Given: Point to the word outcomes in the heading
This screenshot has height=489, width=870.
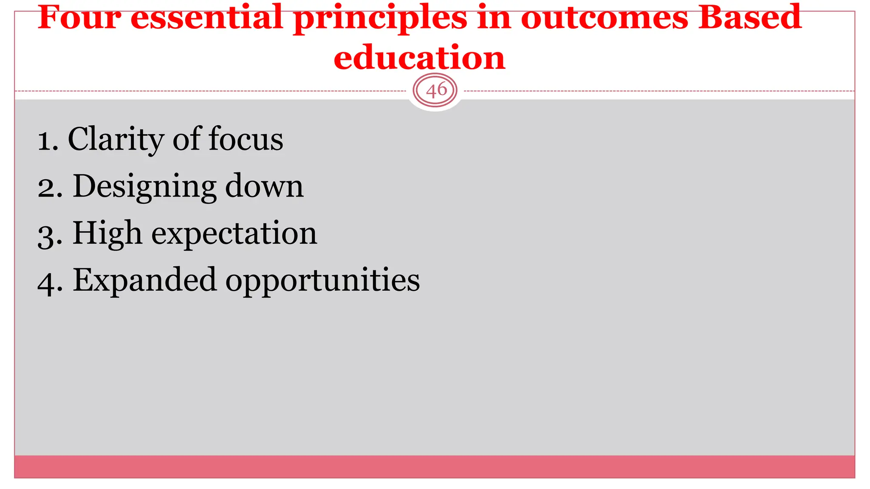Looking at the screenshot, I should [604, 18].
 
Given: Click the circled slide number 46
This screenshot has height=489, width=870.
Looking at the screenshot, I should [435, 90].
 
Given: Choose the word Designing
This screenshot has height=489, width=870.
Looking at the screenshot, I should [144, 187].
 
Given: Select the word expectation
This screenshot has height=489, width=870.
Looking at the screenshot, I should [234, 234].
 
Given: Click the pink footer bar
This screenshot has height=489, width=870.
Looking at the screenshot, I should [435, 467].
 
